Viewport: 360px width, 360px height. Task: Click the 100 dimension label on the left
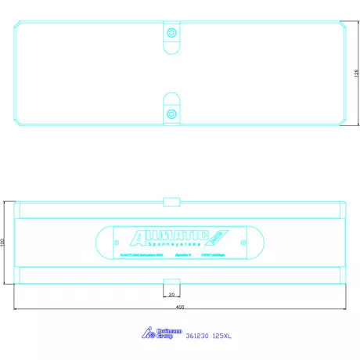(x=3, y=243)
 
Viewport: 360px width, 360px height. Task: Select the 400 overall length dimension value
(x=180, y=308)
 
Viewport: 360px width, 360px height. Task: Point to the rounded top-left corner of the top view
(x=19, y=25)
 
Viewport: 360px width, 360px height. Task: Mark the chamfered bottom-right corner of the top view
(x=342, y=120)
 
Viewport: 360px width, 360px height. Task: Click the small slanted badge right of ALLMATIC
(x=218, y=235)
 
